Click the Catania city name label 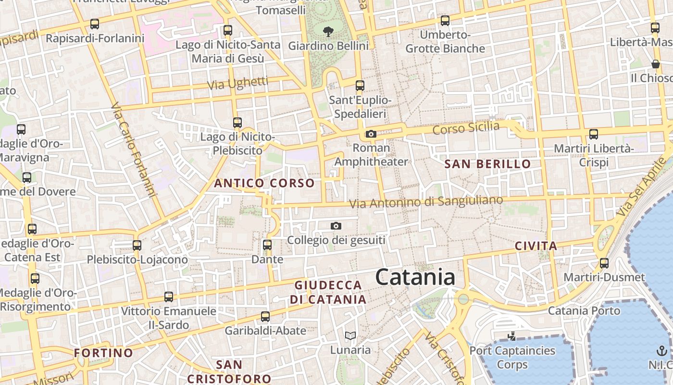415,277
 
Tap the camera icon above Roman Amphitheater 371,134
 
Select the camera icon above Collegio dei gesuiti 336,226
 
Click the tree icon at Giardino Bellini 328,32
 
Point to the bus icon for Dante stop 267,245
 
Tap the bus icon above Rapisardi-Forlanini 95,24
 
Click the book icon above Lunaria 350,335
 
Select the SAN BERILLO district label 487,164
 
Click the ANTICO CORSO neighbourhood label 264,183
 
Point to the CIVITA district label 536,246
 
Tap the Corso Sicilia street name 466,128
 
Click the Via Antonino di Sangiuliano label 426,202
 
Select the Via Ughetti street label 237,83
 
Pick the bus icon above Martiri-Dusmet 604,263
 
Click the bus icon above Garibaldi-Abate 265,317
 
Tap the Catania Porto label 584,311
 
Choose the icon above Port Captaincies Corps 512,336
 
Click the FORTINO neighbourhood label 103,353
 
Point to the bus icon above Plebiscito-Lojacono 137,245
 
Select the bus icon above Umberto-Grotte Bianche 445,21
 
